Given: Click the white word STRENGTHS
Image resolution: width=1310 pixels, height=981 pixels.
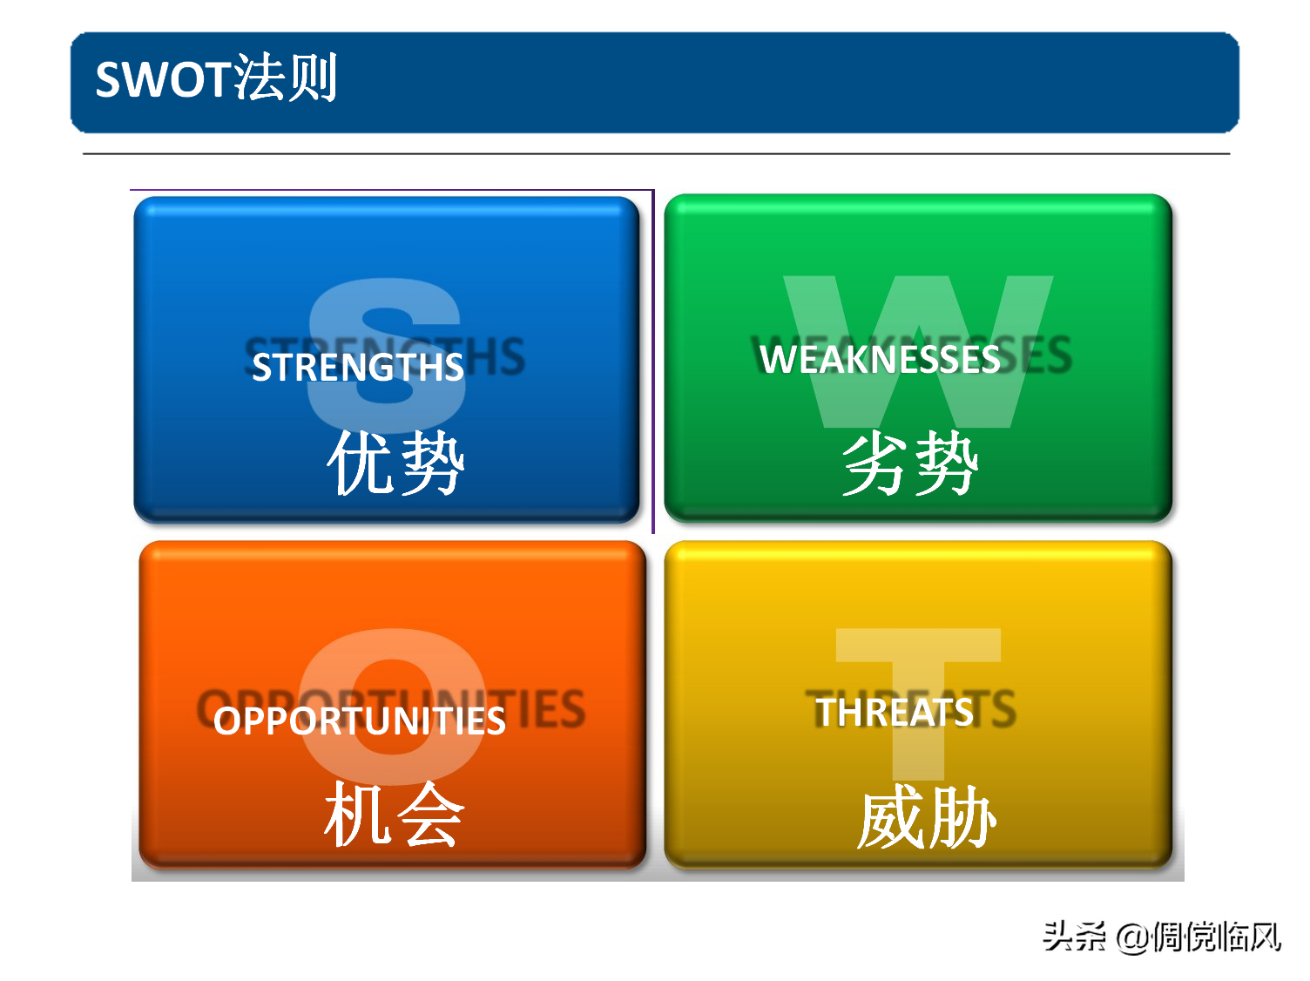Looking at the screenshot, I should click(357, 368).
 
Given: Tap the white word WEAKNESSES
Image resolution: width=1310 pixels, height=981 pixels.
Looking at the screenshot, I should click(880, 360).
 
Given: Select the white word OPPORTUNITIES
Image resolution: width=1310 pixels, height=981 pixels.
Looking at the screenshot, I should click(360, 721).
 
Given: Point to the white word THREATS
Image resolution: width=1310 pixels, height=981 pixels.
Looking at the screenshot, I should click(895, 713).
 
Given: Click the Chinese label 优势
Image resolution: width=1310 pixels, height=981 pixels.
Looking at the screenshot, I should click(396, 463).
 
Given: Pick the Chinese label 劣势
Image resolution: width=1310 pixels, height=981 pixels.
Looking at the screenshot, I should click(911, 463).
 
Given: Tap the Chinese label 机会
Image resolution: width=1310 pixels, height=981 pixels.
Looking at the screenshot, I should click(395, 814).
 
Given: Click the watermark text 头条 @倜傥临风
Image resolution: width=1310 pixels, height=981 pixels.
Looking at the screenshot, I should click(1162, 937).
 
